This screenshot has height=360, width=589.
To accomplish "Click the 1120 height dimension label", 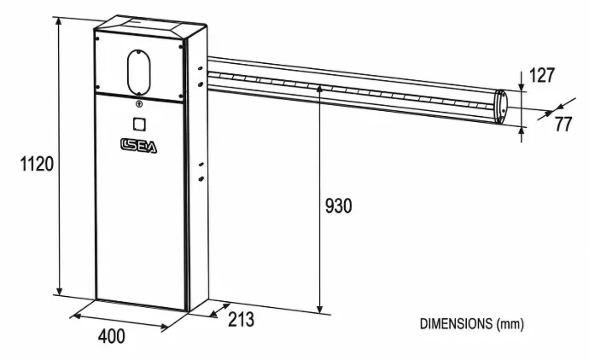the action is (x=37, y=164).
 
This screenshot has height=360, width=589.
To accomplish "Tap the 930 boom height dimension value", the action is (x=338, y=206).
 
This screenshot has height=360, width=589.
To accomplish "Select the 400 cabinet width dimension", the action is (x=112, y=336).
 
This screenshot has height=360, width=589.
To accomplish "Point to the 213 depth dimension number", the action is (x=242, y=319).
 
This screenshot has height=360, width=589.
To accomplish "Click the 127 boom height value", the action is (x=542, y=75).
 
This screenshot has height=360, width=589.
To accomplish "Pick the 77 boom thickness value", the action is (x=563, y=125).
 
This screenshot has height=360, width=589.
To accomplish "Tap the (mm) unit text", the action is (x=510, y=324).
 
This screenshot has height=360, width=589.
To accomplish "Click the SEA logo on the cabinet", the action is (x=138, y=146).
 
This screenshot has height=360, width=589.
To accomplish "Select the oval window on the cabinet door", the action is (x=138, y=72).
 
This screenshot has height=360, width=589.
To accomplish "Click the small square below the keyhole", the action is (x=139, y=125).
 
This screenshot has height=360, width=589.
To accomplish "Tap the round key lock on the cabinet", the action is (x=138, y=103).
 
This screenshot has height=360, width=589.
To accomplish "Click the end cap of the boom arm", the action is (x=500, y=107).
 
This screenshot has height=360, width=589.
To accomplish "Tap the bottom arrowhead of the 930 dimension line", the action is (x=319, y=309).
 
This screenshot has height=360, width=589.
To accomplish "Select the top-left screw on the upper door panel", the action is (x=97, y=38).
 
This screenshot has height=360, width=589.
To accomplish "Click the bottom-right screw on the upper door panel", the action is (x=181, y=96).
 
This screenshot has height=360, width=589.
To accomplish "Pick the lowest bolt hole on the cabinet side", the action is (x=201, y=178).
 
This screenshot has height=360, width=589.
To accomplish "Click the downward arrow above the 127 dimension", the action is (x=522, y=81).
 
